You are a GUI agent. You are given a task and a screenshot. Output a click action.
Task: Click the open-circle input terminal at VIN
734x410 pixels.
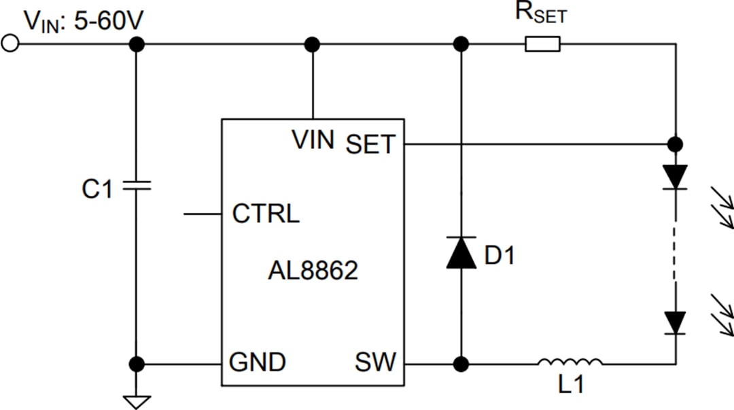tap(10, 44)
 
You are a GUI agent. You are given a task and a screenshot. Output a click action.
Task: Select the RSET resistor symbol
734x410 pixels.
tap(542, 45)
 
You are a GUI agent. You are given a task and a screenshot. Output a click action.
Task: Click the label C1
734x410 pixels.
tap(97, 190)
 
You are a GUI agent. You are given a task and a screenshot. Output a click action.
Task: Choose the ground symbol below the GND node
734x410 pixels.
tap(137, 400)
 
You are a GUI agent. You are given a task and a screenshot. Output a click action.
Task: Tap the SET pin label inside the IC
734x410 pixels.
tap(370, 144)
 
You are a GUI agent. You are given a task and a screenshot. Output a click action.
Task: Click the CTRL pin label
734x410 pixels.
tap(265, 214)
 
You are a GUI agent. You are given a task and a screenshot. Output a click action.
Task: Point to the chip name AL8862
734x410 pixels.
tap(313, 271)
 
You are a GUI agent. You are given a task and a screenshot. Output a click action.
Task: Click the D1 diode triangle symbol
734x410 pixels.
tap(461, 253)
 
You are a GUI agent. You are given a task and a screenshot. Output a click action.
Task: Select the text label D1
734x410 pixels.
tap(501, 256)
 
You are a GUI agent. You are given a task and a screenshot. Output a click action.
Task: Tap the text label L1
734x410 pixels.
tap(571, 386)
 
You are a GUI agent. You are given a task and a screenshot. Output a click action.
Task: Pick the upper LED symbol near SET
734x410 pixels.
tap(675, 177)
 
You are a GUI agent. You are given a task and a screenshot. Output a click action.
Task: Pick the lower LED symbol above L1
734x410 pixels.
tap(675, 322)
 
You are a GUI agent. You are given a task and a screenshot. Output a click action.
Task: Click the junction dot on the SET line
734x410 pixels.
tap(675, 144)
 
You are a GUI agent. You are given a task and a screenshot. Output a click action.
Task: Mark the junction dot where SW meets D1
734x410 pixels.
tap(461, 364)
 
